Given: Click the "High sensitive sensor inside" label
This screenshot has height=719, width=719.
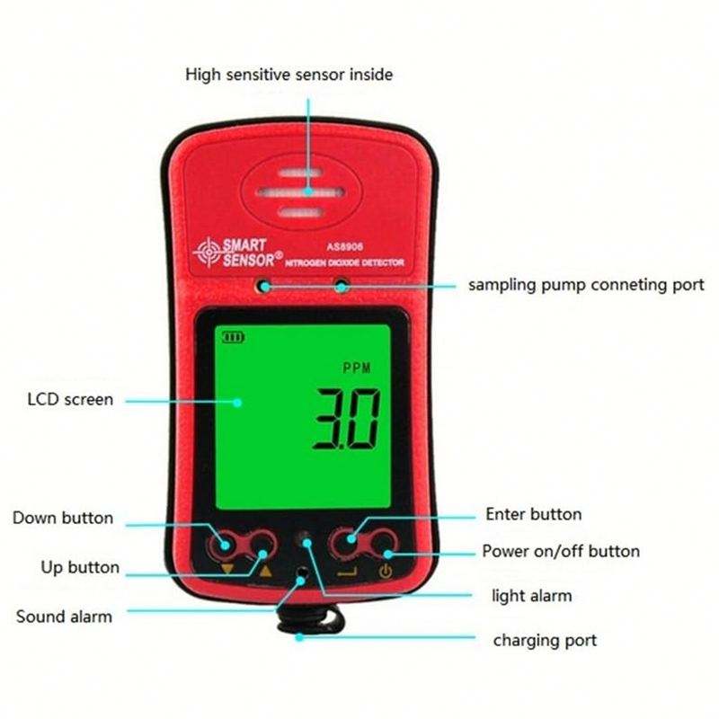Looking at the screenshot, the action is point(288,75).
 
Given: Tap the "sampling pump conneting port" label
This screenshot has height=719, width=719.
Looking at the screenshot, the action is point(586,285).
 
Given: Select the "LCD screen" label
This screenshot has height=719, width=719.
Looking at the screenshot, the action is point(68,399).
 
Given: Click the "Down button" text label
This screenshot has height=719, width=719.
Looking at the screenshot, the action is point(63,518).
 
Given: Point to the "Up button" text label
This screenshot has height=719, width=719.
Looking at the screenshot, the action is point(80,567).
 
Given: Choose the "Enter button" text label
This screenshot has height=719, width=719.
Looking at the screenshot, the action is point(533,515).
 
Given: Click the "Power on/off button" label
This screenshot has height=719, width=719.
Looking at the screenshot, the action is point(561,551).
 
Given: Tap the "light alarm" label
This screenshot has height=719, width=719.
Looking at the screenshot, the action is point(531,595).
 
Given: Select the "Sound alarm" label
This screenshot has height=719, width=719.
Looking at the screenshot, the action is point(64,617).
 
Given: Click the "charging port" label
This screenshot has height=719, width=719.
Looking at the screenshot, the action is point(545,640).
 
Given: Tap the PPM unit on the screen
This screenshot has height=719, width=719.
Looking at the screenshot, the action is point(357,368).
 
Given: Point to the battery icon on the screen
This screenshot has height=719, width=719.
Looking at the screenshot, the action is point(235,338).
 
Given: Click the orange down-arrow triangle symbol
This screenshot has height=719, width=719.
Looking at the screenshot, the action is point(226,569).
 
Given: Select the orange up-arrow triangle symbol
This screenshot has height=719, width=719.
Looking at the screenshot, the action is point(264,569).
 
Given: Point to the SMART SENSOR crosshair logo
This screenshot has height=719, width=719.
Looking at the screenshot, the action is point(207,252).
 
